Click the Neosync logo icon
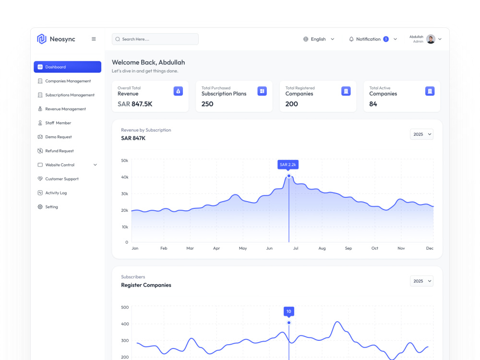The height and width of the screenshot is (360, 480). pyautogui.click(x=42, y=39)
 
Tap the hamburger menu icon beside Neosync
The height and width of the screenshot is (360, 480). pyautogui.click(x=94, y=39)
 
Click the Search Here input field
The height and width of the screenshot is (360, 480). pyautogui.click(x=155, y=39)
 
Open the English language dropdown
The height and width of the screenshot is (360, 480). pyautogui.click(x=319, y=39)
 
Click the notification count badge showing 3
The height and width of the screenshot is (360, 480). pyautogui.click(x=386, y=39)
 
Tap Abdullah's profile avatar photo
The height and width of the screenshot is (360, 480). pyautogui.click(x=431, y=39)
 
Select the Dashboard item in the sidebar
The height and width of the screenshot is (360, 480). pyautogui.click(x=67, y=67)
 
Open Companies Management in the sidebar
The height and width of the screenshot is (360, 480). pyautogui.click(x=68, y=81)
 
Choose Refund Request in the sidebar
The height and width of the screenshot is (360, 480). pyautogui.click(x=60, y=151)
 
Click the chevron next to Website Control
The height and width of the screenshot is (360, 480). pyautogui.click(x=95, y=165)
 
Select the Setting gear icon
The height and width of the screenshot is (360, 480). pyautogui.click(x=40, y=207)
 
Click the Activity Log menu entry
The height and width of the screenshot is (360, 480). pyautogui.click(x=56, y=193)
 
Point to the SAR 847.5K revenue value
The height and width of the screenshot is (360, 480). pyautogui.click(x=135, y=104)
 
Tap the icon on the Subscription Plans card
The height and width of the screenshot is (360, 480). pyautogui.click(x=262, y=91)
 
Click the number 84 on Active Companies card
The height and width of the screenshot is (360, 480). pyautogui.click(x=373, y=104)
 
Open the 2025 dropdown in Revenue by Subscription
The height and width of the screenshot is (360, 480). pyautogui.click(x=421, y=134)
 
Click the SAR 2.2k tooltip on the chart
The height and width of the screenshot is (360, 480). pyautogui.click(x=288, y=165)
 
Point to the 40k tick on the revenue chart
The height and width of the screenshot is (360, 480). pyautogui.click(x=125, y=177)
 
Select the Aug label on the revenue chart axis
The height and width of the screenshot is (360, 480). pyautogui.click(x=322, y=248)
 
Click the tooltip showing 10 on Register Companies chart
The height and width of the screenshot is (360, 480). pyautogui.click(x=288, y=312)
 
